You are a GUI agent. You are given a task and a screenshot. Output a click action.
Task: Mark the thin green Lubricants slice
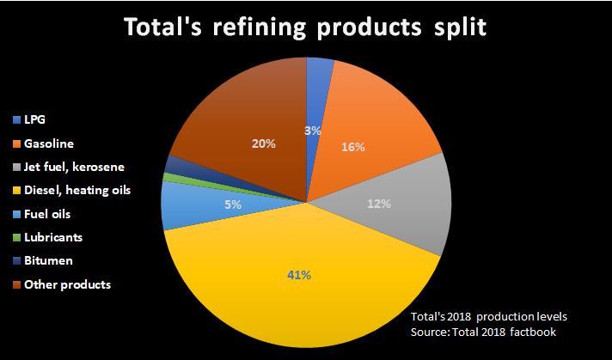[x=168, y=179]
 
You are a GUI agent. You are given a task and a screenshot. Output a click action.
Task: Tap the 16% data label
[x=353, y=147]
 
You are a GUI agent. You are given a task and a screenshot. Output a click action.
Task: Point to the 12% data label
[x=379, y=204]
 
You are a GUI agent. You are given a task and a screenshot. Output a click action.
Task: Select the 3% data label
[x=313, y=131]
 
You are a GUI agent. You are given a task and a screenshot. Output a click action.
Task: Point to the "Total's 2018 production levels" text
[x=489, y=316]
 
